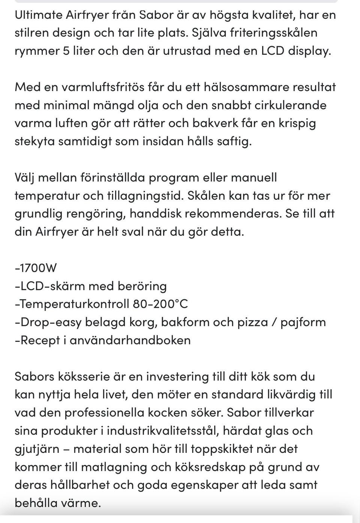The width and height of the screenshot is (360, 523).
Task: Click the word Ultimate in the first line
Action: (38, 15)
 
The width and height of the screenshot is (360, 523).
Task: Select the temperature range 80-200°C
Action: (160, 304)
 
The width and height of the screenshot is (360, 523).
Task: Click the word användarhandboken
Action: (130, 340)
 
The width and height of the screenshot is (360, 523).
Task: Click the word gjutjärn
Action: (37, 449)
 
